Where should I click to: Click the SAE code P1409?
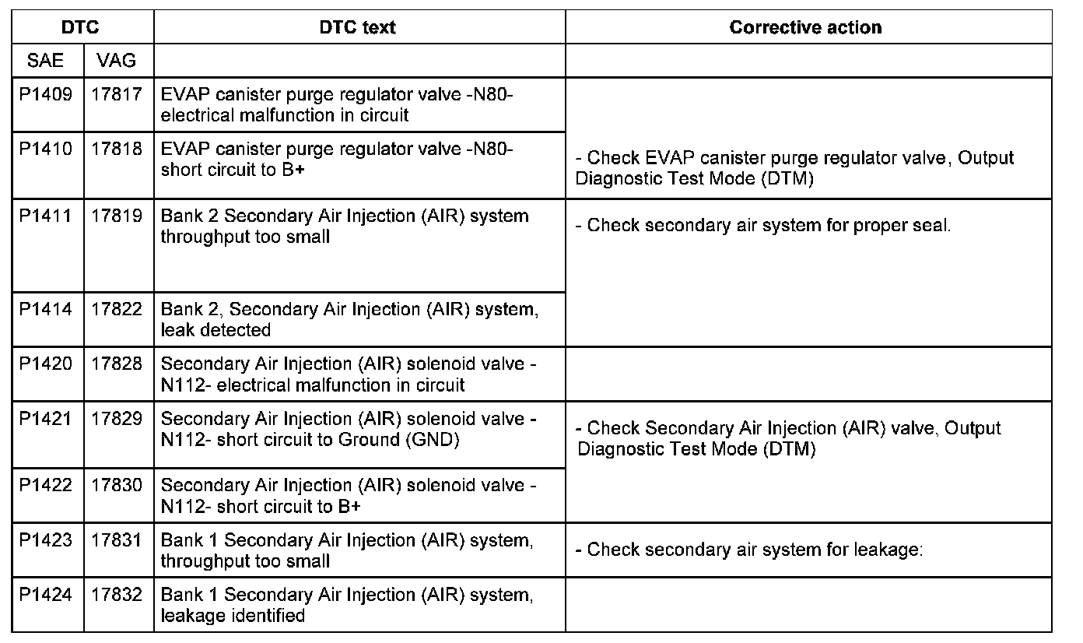pos(46,95)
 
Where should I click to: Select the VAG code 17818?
pos(117,149)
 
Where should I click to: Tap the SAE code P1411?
pos(46,216)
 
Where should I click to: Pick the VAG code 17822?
pos(117,309)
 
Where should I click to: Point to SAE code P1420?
pos(46,364)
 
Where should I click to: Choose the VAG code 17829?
pos(117,419)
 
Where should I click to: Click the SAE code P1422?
pos(46,485)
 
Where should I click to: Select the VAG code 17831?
pos(117,539)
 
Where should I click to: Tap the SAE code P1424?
pos(46,595)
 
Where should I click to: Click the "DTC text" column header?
pos(358,28)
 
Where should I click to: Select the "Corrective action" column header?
pos(805,28)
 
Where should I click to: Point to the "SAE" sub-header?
pos(46,60)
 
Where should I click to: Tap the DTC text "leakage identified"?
pos(233,616)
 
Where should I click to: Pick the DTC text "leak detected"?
pos(216,330)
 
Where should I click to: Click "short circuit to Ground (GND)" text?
pos(310,440)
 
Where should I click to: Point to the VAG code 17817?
pos(117,95)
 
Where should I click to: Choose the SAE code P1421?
pos(46,419)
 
